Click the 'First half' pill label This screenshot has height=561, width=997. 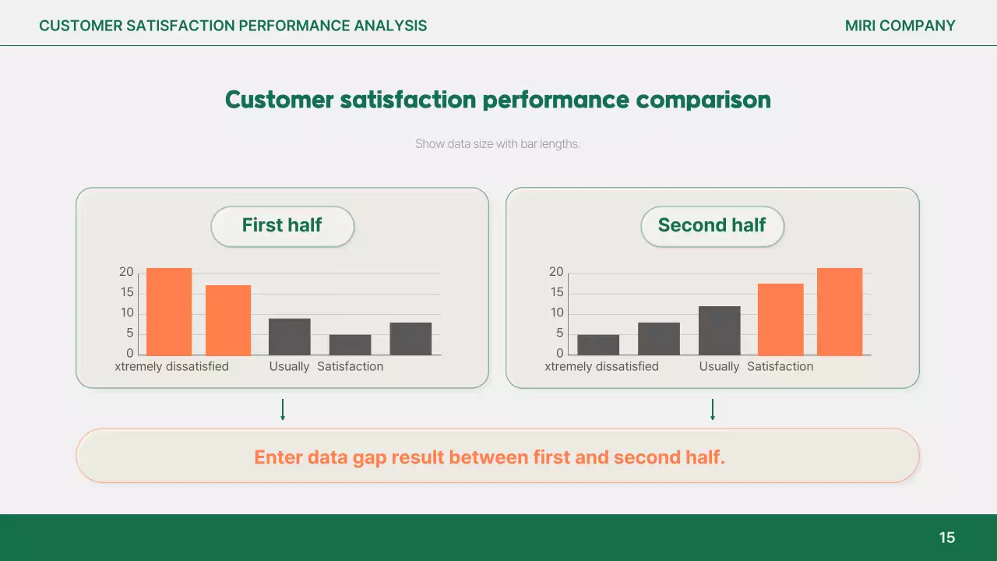282,226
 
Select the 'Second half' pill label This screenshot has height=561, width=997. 712,226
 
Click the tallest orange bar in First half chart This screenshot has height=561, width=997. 169,312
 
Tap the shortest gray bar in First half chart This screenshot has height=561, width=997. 350,344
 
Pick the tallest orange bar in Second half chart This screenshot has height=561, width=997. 840,312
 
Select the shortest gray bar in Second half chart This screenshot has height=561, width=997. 598,344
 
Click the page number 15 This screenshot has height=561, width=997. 946,538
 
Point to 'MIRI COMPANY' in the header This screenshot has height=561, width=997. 900,26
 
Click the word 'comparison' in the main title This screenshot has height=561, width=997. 703,101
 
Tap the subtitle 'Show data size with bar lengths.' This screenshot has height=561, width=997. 498,144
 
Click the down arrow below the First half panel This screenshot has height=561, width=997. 283,410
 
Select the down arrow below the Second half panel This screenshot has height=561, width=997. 713,410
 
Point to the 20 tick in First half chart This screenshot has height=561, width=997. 126,272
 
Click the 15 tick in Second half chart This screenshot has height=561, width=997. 556,292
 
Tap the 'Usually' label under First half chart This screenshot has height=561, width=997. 289,366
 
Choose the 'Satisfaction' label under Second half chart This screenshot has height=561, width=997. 780,366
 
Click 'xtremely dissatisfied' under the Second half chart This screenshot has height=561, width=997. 601,366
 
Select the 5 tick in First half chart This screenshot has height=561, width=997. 129,333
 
